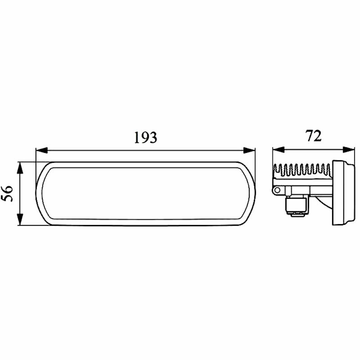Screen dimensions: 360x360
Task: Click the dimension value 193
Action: point(146,137)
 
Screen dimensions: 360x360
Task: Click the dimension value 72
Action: point(313,136)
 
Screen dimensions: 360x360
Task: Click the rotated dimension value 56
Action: point(7,193)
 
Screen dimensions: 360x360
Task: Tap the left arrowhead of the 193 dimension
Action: point(42,150)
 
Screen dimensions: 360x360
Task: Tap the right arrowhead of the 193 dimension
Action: point(249,150)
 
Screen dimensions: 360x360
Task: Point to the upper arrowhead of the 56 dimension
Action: point(20,168)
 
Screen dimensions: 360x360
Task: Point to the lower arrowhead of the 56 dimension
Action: point(20,219)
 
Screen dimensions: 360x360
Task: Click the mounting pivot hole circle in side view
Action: point(277,190)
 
